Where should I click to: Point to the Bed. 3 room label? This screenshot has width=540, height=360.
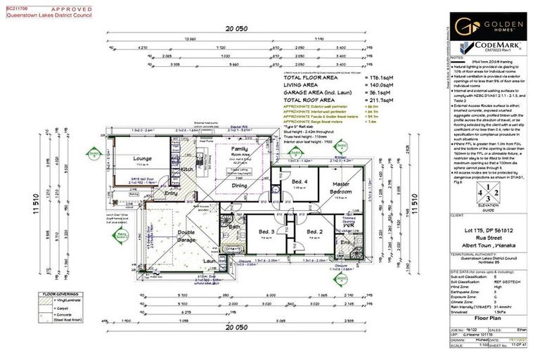click(x=265, y=231)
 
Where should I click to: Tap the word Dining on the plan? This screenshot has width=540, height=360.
click(x=239, y=186)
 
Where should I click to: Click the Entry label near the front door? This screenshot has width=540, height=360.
click(x=171, y=192)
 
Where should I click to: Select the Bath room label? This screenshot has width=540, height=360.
click(x=234, y=226)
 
